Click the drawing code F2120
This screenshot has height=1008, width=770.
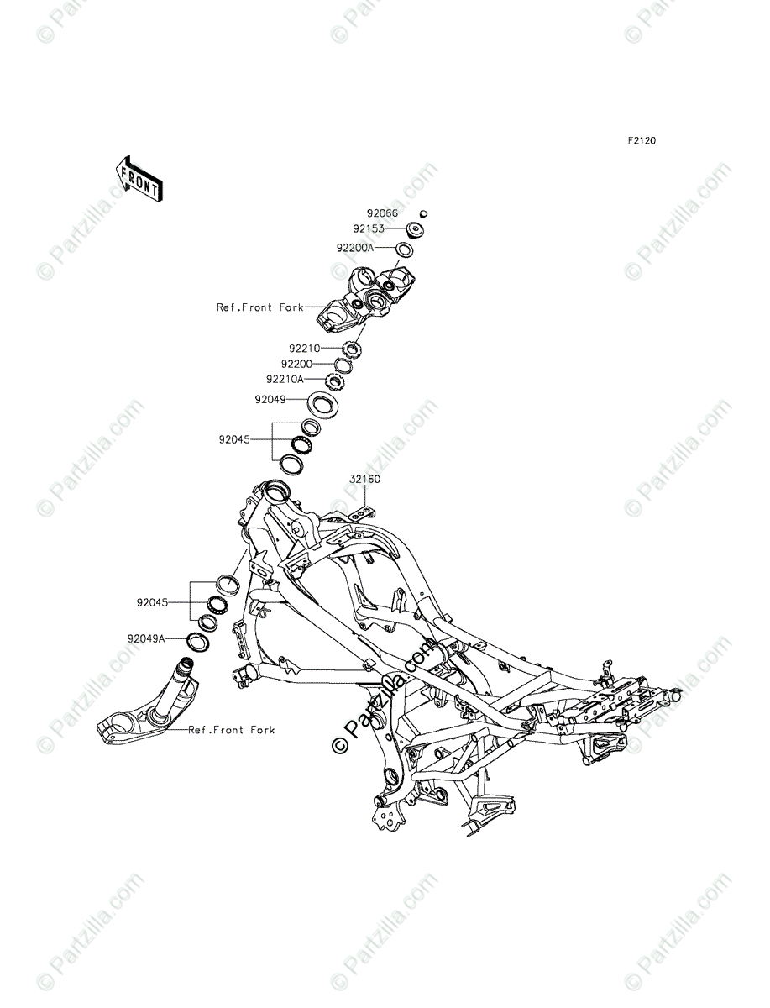coord(639,140)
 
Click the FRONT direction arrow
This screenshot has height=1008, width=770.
coord(139,178)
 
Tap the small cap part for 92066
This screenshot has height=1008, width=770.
coord(423,213)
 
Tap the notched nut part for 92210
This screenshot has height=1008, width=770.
coord(353,348)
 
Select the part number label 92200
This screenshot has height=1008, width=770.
coord(296,364)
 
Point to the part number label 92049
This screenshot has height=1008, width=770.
coord(272,401)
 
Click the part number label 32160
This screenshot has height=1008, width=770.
coord(365,480)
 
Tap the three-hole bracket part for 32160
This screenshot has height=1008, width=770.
coord(362,512)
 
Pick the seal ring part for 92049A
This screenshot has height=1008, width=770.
coord(197,643)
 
